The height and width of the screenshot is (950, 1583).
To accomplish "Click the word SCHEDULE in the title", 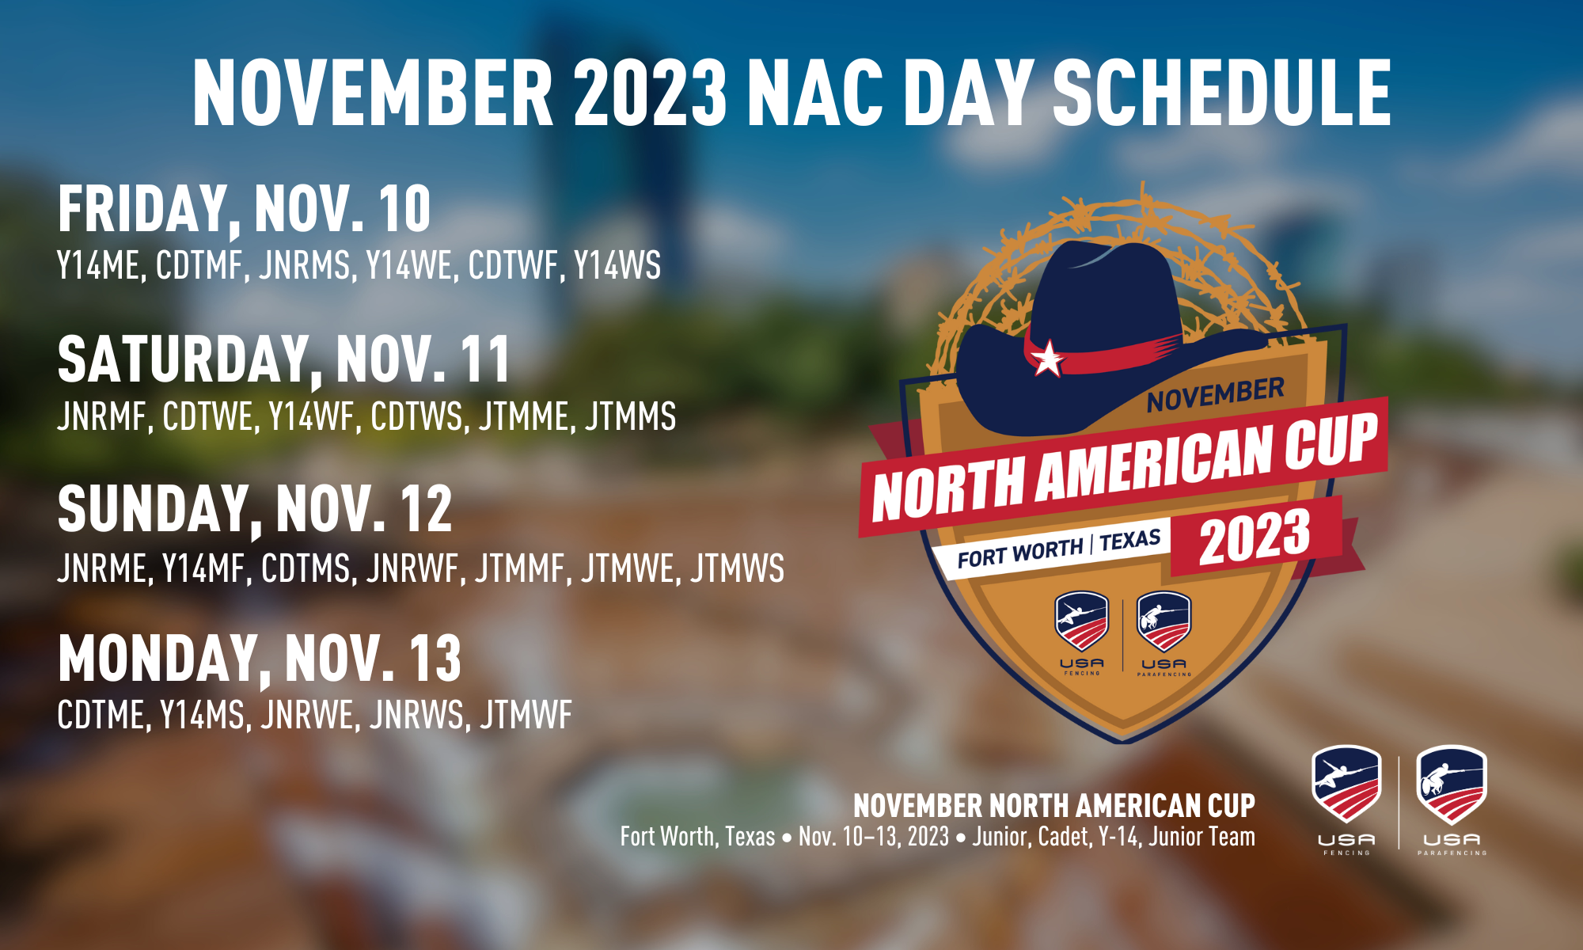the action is click(x=1221, y=93).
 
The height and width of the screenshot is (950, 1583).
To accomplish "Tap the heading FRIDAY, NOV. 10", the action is click(x=245, y=209).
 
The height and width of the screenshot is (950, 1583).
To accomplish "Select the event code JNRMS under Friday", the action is click(x=304, y=265).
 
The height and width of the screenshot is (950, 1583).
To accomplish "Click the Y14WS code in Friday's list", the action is click(x=617, y=265).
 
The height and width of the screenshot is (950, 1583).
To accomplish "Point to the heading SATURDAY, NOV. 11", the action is click(x=284, y=359).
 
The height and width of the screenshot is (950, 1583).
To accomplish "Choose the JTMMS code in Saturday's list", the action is click(x=630, y=416).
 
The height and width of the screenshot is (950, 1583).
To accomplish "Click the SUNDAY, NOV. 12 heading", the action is click(x=255, y=509).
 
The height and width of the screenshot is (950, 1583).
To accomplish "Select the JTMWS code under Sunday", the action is click(x=737, y=568).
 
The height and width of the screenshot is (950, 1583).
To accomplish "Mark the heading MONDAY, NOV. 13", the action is click(x=260, y=658).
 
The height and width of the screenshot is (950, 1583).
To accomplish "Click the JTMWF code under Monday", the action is click(x=526, y=716).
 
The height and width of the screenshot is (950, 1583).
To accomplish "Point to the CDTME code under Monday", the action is click(x=102, y=716).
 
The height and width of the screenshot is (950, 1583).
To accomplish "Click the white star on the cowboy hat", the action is click(x=1048, y=358).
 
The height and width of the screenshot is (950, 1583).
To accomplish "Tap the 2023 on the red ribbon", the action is click(x=1255, y=536).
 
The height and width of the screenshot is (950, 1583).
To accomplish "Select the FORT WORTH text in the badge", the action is click(x=1020, y=553).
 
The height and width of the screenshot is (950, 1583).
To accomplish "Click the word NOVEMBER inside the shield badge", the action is click(x=1216, y=395).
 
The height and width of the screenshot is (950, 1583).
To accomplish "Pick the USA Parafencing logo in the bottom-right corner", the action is click(x=1452, y=800).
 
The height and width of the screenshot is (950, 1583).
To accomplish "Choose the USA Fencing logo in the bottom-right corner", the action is click(x=1346, y=800).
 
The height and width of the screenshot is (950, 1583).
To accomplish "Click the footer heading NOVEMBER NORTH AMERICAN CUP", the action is click(x=1054, y=806).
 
